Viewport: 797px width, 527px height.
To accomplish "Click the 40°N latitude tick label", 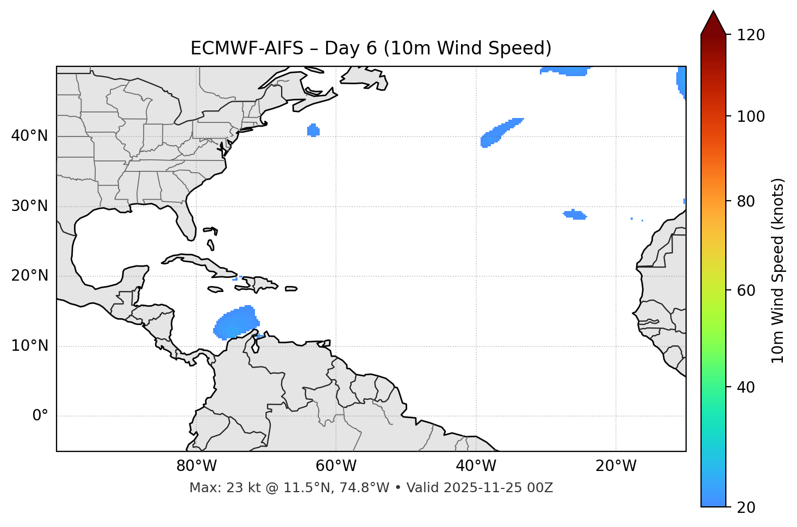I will click(29, 136).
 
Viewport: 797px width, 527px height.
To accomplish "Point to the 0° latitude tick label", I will click(40, 416).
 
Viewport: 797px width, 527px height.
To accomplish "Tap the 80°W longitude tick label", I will click(196, 466).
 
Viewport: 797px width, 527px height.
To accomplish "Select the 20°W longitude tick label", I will click(616, 466).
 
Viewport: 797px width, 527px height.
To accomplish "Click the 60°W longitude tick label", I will click(336, 466).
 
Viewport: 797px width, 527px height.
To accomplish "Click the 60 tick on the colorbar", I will click(746, 290).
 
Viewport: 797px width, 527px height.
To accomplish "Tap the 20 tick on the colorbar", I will click(746, 507).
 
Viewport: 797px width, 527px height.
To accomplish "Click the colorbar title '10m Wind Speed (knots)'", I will click(778, 270).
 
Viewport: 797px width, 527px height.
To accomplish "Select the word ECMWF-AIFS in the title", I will click(246, 48).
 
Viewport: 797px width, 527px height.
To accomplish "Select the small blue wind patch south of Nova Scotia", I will click(313, 131).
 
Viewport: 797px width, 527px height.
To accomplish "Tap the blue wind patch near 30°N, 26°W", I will click(575, 215).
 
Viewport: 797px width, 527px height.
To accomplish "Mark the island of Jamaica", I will click(215, 289).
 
